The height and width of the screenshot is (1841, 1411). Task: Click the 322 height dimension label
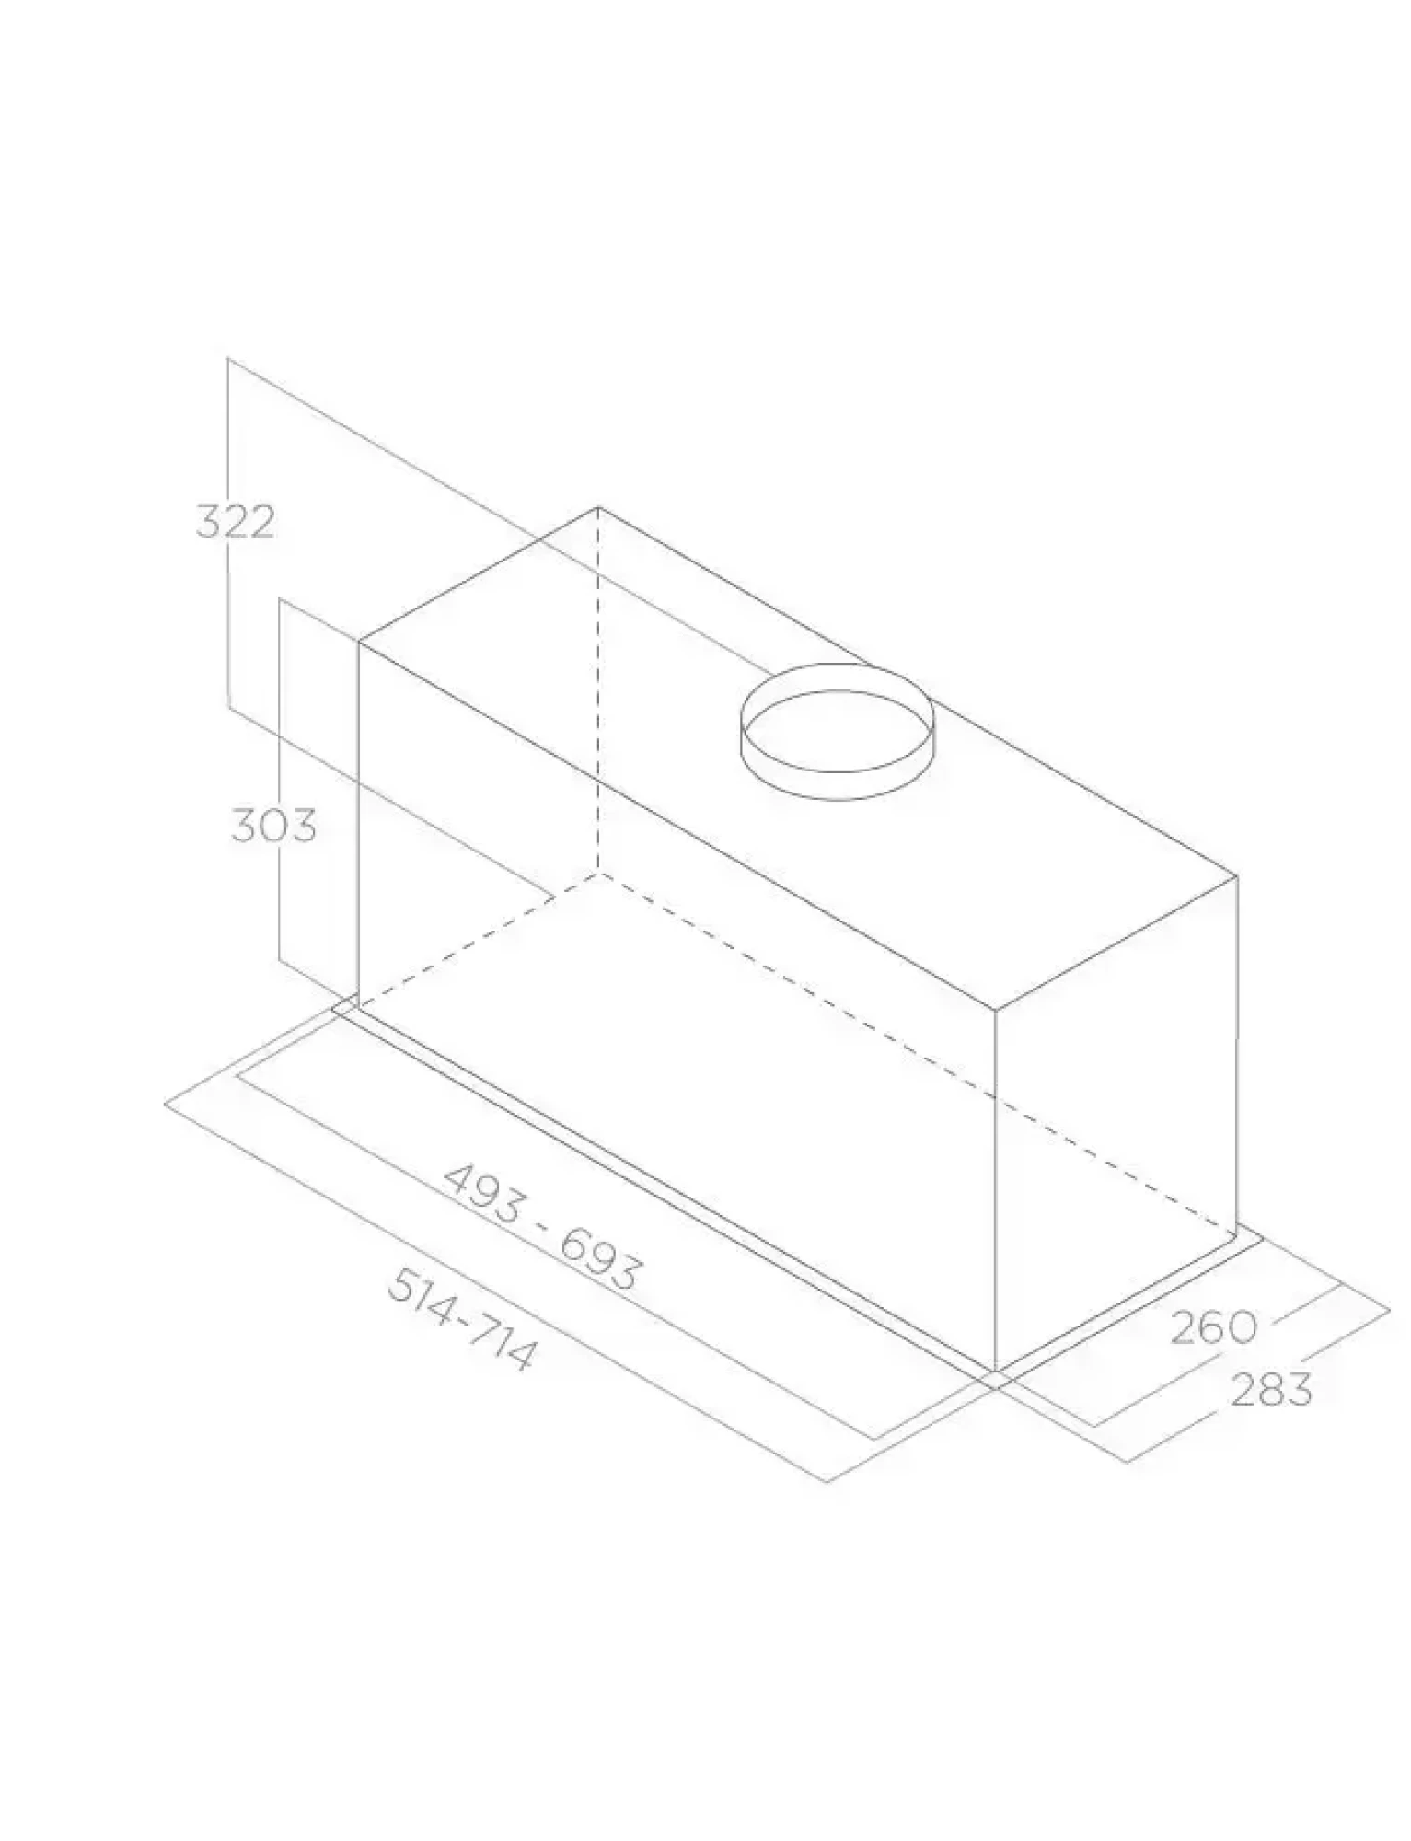tap(235, 522)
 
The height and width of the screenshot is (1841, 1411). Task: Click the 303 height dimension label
tap(272, 825)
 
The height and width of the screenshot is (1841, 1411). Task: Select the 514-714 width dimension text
tap(459, 1319)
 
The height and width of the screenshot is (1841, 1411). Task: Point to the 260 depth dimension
tap(1214, 1327)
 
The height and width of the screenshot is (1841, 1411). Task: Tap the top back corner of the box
tap(598, 507)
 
